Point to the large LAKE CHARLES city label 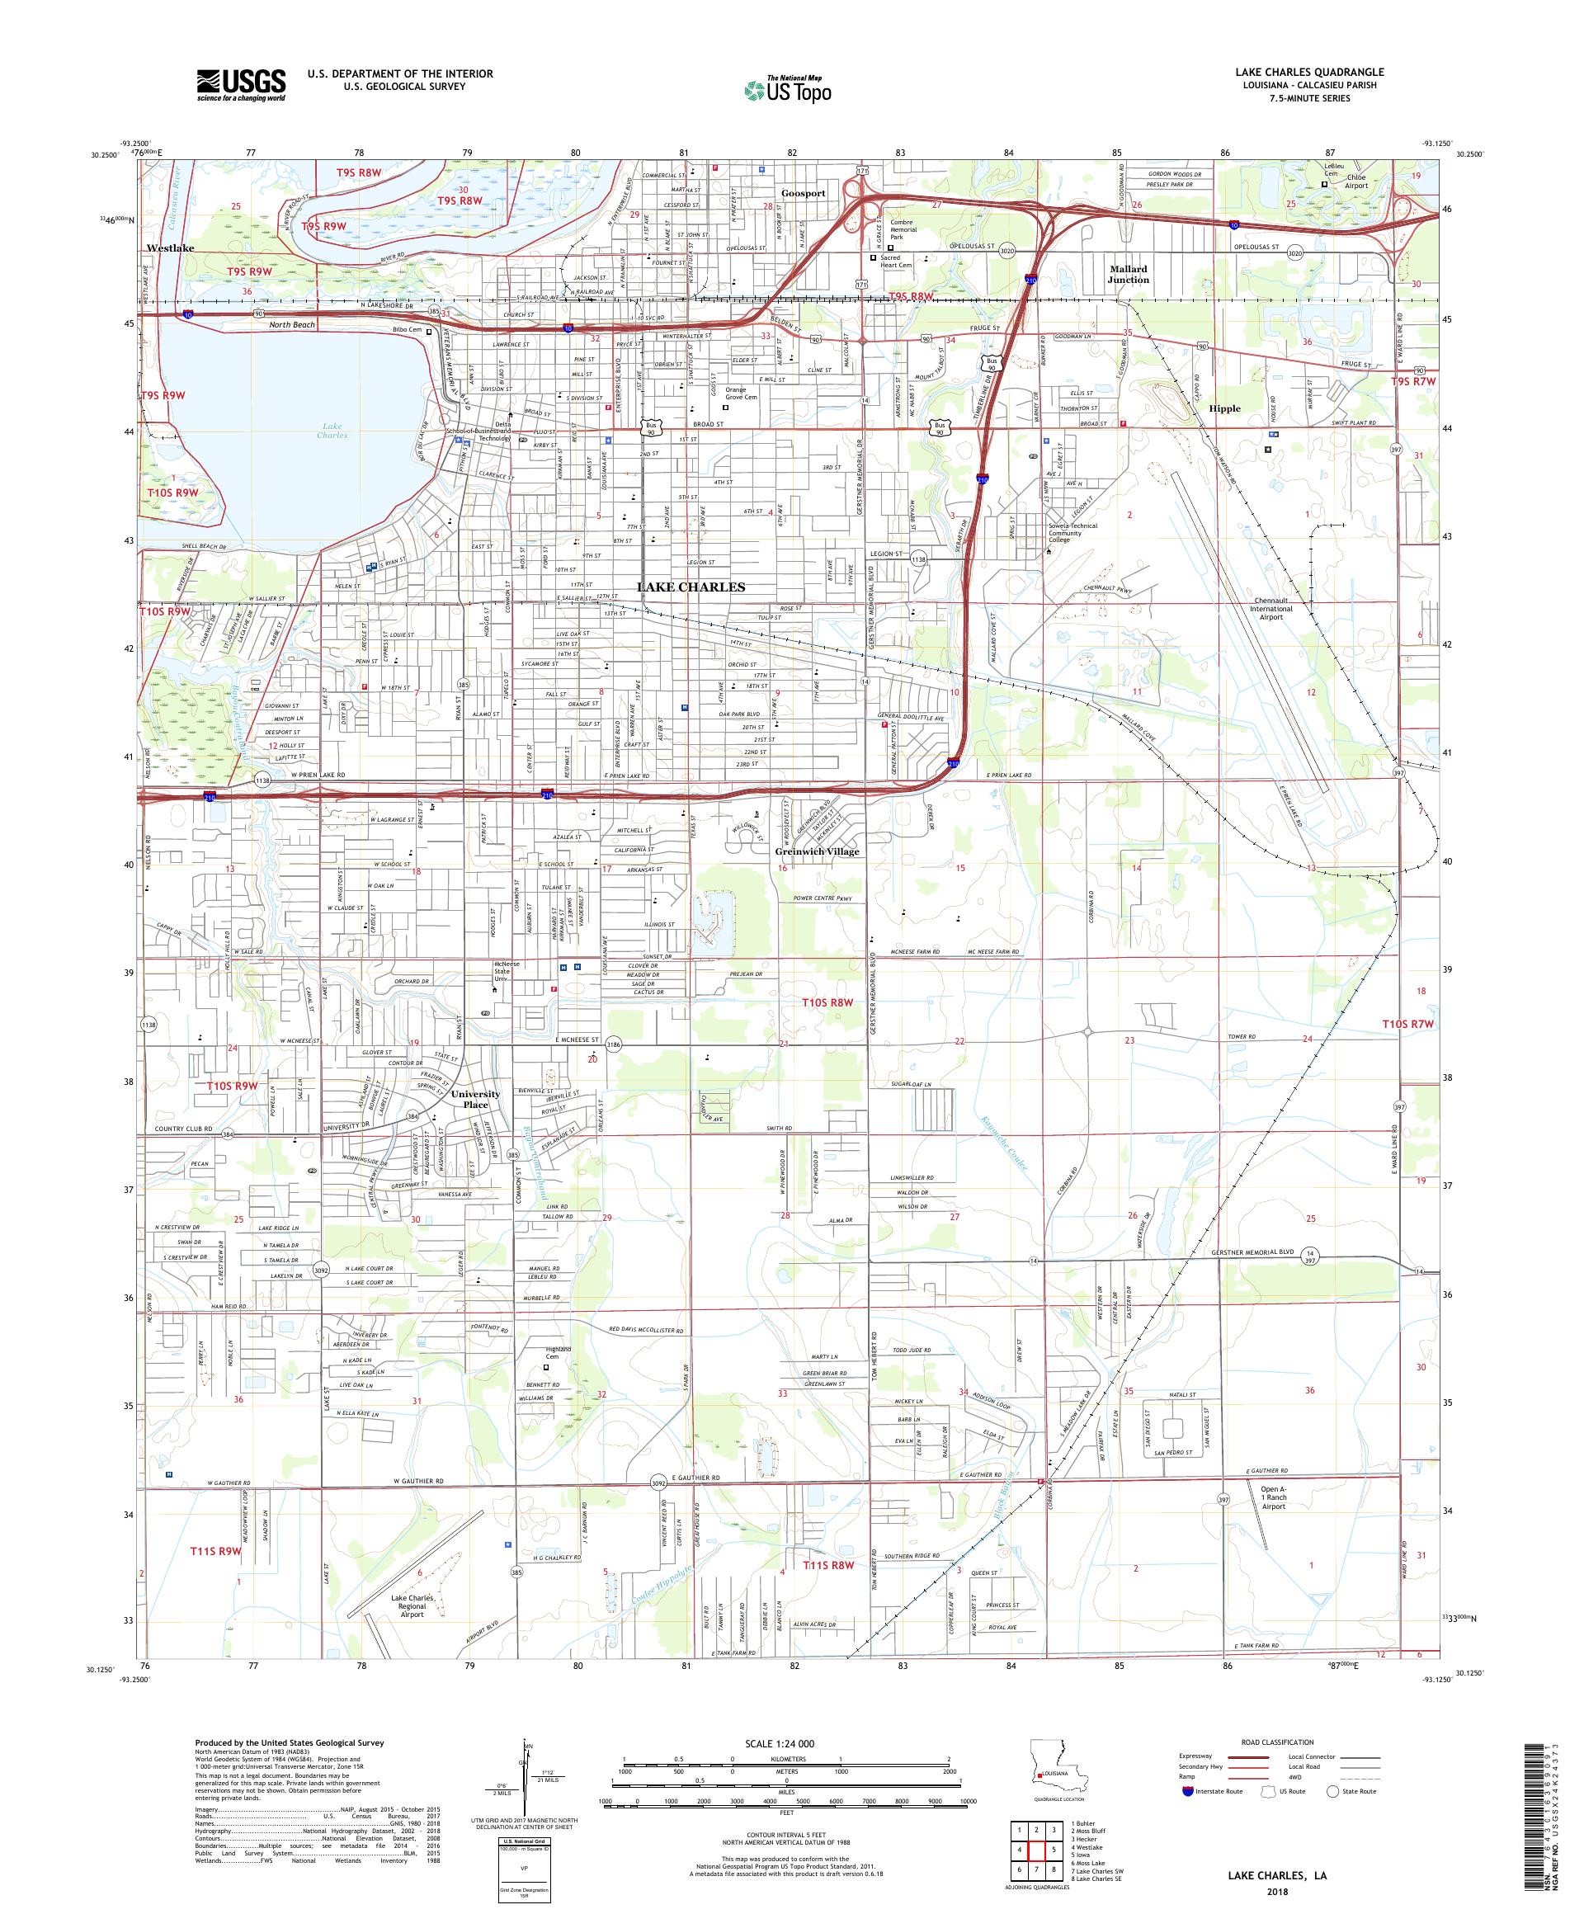[690, 587]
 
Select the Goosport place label [803, 193]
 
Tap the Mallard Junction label [1128, 275]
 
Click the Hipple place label [1224, 408]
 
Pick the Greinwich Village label [817, 851]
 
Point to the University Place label [475, 1099]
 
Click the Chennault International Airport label [1270, 609]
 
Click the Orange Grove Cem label [740, 393]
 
